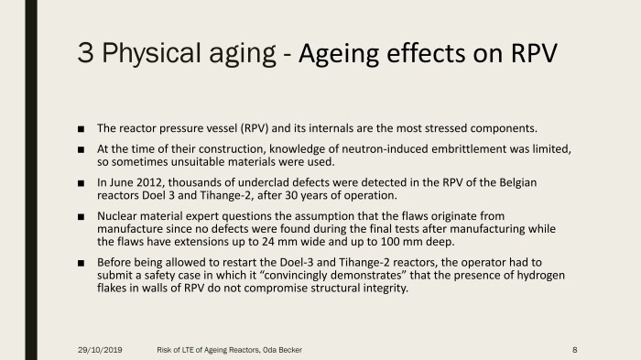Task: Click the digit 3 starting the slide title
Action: coord(88,52)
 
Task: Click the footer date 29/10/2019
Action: coord(101,349)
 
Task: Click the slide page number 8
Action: coord(573,349)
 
